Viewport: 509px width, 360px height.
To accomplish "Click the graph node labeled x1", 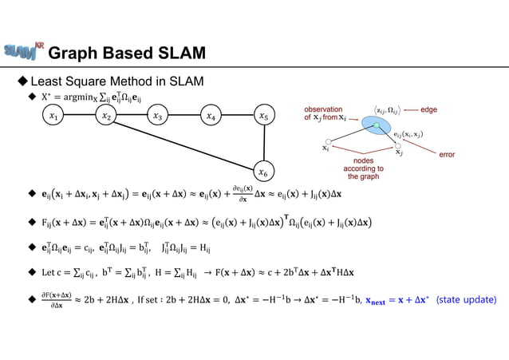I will click(53, 117).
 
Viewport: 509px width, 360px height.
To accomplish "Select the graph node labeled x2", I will click(106, 117).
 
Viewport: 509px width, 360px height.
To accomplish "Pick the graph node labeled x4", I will click(211, 117).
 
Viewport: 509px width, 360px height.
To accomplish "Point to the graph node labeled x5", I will click(263, 117).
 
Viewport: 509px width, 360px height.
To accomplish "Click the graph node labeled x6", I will click(263, 171).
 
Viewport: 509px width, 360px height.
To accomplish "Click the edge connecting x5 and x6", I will click(263, 144).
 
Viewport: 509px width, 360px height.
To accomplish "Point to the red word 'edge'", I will click(428, 109).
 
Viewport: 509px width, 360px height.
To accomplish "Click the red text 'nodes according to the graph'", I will click(363, 168).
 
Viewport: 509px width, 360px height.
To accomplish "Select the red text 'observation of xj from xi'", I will click(325, 113).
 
